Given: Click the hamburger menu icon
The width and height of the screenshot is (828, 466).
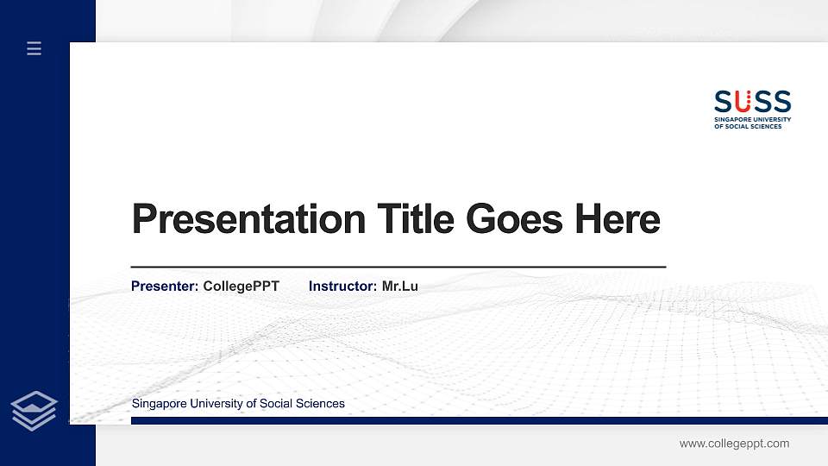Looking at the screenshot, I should [x=34, y=48].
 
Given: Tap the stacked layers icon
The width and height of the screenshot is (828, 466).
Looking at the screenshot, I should [x=34, y=410].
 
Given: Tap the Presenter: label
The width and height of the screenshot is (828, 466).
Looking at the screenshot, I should [x=165, y=286].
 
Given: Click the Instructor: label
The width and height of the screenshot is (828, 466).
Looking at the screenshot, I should [x=342, y=286].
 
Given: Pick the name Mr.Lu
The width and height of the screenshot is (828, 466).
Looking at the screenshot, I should [x=399, y=286].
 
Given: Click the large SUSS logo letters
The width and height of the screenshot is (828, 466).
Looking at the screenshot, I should [x=752, y=102].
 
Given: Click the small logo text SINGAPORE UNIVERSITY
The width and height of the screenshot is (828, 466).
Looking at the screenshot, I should [x=752, y=119].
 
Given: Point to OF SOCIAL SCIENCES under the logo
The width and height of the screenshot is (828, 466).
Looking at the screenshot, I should [x=748, y=126].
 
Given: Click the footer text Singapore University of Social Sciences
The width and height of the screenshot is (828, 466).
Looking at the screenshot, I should [x=238, y=403].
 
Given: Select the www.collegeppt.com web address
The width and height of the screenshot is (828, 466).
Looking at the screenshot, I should [x=734, y=444].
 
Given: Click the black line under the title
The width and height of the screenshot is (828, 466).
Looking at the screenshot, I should [x=398, y=268].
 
